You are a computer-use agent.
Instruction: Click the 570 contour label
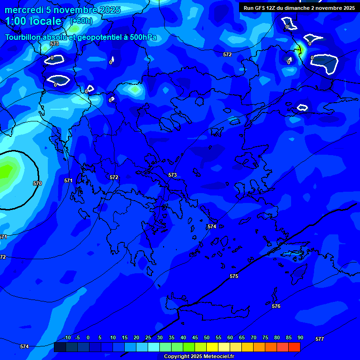point(37,183)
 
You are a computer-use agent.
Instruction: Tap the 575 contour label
point(234,276)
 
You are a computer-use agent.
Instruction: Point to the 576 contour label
point(276,306)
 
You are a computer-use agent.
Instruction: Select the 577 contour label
point(320,339)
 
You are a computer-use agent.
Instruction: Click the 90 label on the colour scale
point(300,337)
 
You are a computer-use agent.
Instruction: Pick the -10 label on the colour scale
point(67,337)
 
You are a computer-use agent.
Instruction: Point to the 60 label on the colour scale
point(230,337)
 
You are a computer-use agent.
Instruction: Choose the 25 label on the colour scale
point(148,337)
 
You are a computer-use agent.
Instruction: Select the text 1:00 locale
point(33,21)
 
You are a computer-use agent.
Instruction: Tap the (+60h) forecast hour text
point(81,21)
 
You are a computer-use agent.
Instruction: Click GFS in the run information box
point(261,8)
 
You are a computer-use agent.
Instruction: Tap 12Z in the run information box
point(273,8)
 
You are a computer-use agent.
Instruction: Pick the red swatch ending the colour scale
point(294,347)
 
